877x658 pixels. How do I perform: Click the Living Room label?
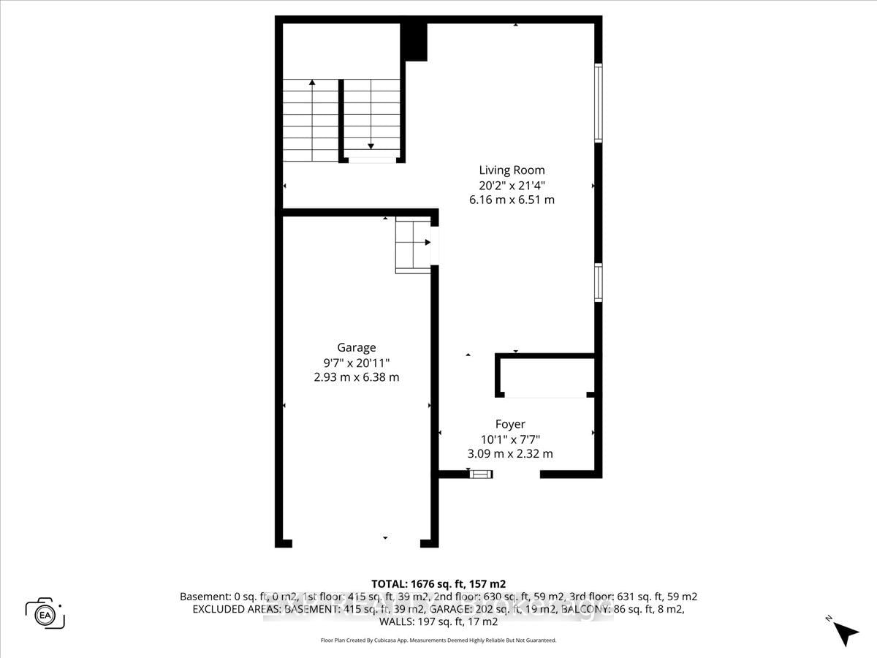[512, 170]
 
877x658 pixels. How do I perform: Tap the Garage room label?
[356, 348]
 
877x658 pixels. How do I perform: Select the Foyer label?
[510, 424]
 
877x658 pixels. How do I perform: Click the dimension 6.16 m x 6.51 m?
[512, 199]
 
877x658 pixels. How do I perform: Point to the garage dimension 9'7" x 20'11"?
[357, 363]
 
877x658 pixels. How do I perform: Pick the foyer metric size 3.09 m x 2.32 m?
[510, 453]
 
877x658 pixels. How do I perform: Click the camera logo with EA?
[45, 613]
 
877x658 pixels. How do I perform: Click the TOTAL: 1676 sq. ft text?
[438, 583]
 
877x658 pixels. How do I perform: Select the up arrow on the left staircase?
[312, 83]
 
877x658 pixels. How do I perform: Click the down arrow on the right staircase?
[371, 145]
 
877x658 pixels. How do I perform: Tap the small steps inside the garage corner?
[412, 245]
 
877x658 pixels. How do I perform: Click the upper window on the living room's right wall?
[598, 102]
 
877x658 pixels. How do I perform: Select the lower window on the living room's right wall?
[598, 283]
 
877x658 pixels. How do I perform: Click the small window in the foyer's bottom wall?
[481, 474]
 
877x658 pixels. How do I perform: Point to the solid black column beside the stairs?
[416, 42]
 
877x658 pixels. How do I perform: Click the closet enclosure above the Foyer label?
[545, 377]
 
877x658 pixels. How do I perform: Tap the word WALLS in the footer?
[395, 622]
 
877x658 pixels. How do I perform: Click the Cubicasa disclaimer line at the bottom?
[438, 640]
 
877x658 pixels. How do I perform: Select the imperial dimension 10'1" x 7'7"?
[510, 439]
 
